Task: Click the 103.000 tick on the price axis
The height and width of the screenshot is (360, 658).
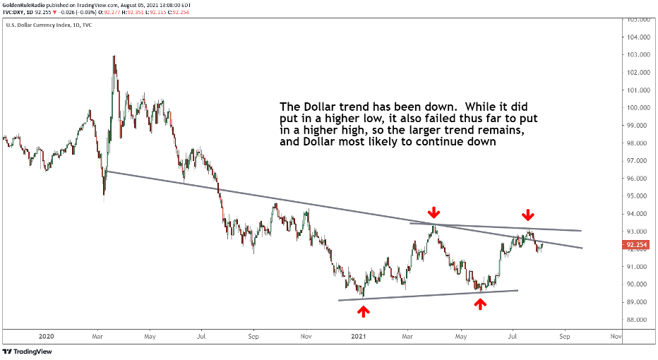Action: [x=638, y=54]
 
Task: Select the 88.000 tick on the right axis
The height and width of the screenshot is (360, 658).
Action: [x=638, y=320]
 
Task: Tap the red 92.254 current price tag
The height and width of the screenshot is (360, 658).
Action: [x=637, y=245]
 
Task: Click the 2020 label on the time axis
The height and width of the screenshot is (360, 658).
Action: [x=47, y=337]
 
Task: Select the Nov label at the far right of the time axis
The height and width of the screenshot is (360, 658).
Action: [x=615, y=337]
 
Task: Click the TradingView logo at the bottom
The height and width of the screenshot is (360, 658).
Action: [x=28, y=352]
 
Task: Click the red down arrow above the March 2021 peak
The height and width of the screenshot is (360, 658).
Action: [x=434, y=212]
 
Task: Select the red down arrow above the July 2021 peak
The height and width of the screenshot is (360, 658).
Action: [x=527, y=215]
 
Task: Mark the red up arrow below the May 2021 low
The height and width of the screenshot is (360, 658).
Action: [x=480, y=304]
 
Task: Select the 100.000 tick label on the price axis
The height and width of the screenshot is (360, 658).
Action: [x=638, y=107]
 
